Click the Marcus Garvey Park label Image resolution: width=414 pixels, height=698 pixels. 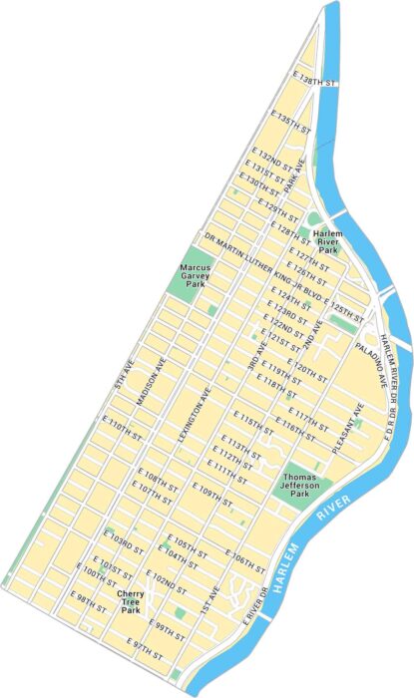(x=195, y=275)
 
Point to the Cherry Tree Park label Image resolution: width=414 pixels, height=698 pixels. (x=131, y=603)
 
